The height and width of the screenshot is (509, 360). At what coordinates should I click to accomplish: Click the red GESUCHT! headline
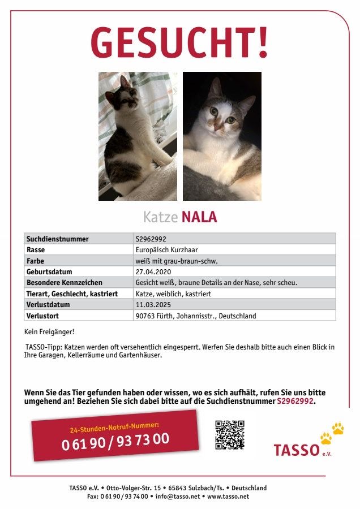pos(179,44)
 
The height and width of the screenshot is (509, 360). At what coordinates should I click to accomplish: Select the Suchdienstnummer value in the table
pos(151,239)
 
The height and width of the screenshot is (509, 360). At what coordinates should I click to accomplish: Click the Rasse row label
pos(36,249)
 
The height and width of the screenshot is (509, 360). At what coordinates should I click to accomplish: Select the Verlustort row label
pos(42,316)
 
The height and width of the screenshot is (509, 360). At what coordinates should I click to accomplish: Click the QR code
pos(230,434)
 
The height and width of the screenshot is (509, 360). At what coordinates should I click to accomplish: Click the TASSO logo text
pos(297,450)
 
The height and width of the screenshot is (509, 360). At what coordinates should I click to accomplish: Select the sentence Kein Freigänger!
pos(49,331)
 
